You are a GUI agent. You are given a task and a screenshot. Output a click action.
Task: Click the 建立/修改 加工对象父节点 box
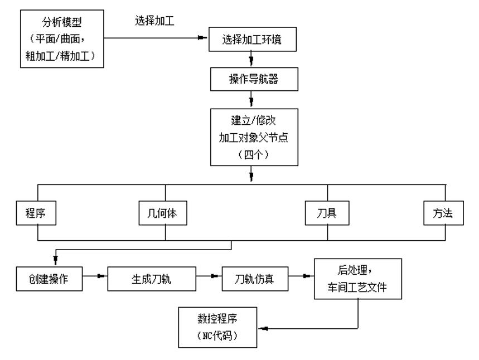pyautogui.click(x=251, y=137)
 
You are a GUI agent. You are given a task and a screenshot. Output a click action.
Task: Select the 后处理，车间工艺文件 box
pyautogui.click(x=357, y=279)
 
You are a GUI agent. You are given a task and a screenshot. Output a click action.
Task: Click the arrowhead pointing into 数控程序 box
pyautogui.click(x=263, y=329)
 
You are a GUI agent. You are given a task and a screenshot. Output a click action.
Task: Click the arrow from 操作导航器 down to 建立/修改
pyautogui.click(x=251, y=101)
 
